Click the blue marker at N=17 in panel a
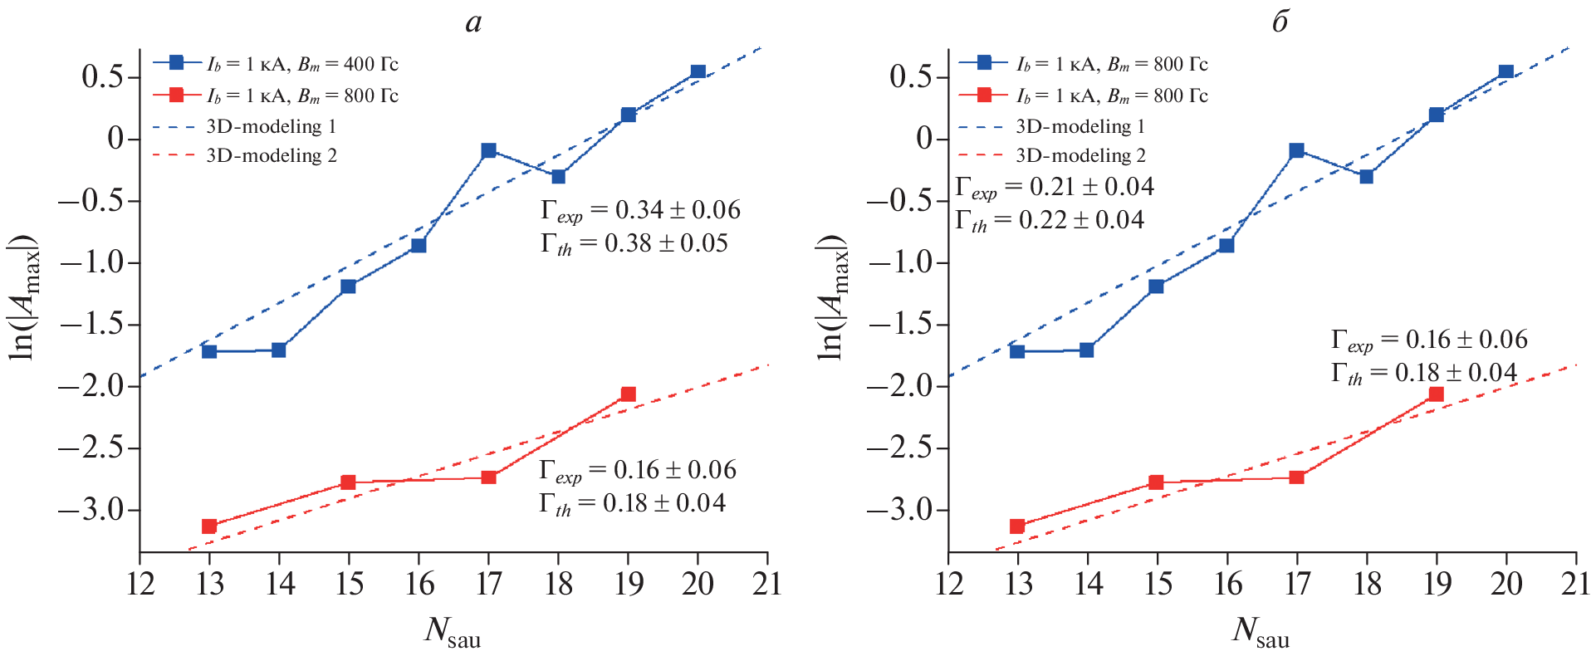click(x=488, y=150)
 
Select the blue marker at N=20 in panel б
click(x=1506, y=72)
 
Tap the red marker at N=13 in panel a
click(x=209, y=526)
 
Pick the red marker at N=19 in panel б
click(x=1436, y=394)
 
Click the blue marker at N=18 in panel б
click(x=1366, y=176)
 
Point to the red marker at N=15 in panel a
click(x=349, y=482)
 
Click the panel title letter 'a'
click(x=473, y=22)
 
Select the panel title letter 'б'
click(x=1280, y=22)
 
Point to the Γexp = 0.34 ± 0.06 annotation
click(x=640, y=211)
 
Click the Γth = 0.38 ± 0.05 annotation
click(x=634, y=244)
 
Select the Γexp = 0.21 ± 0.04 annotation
click(x=1054, y=188)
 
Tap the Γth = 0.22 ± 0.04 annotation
click(x=1049, y=221)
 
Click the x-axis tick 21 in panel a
click(x=767, y=584)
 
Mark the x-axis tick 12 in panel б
click(x=948, y=584)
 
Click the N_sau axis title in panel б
click(x=1260, y=632)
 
